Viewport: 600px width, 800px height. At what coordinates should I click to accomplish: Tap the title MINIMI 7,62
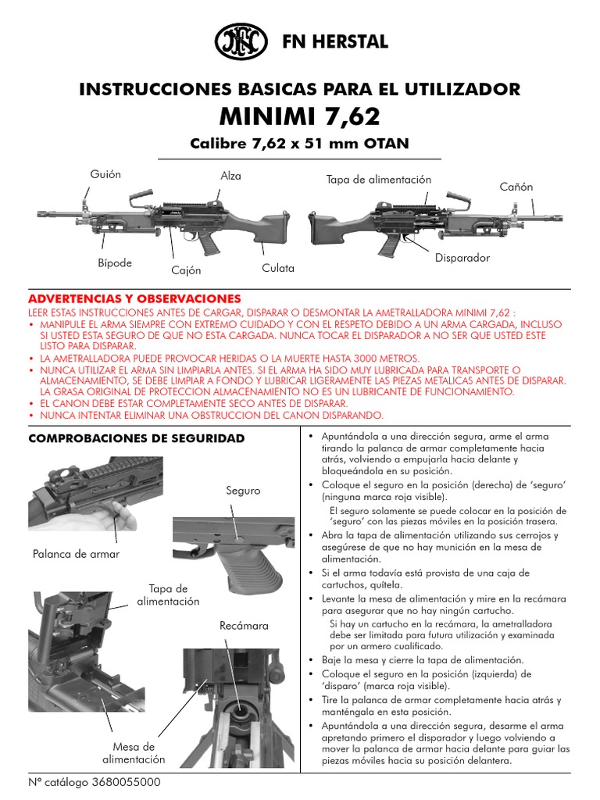click(x=299, y=116)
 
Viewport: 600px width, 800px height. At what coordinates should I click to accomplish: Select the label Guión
click(x=105, y=174)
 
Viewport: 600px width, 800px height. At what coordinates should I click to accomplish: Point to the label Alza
click(x=230, y=176)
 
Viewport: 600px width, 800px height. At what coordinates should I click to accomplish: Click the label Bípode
click(x=115, y=263)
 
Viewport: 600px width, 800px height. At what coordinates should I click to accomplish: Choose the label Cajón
click(x=186, y=270)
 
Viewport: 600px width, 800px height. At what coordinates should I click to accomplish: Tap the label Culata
click(x=278, y=268)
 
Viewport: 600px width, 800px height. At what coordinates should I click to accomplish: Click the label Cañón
click(x=516, y=187)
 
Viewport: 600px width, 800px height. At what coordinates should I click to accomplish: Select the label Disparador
click(x=462, y=258)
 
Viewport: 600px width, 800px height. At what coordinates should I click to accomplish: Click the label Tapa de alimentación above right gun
click(x=378, y=180)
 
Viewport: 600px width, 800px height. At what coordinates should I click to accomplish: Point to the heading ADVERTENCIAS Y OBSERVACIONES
click(x=134, y=299)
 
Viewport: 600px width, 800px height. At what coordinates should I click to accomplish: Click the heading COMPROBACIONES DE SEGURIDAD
click(x=136, y=438)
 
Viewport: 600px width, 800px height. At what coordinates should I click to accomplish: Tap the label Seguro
click(x=243, y=491)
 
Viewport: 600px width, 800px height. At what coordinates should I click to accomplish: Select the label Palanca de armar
click(x=76, y=554)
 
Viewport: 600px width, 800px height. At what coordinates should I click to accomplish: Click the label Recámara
click(x=244, y=626)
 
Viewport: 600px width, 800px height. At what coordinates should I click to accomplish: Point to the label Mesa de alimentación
click(x=134, y=752)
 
